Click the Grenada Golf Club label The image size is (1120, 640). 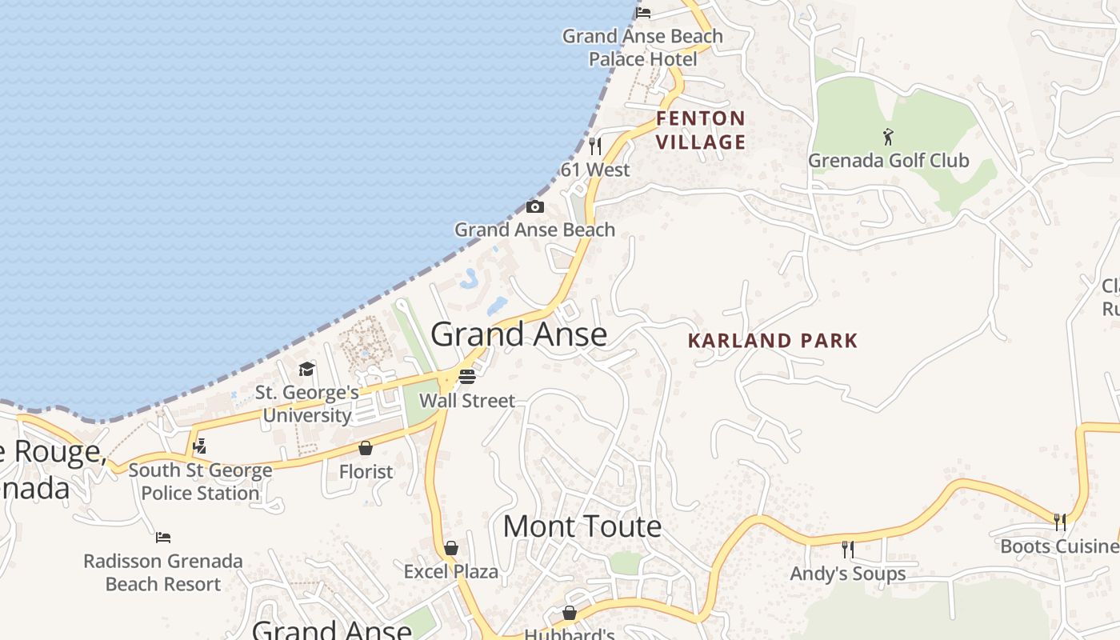pyautogui.click(x=888, y=161)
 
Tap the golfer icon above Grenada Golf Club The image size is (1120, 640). pyautogui.click(x=888, y=137)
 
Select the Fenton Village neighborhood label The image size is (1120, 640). pyautogui.click(x=701, y=130)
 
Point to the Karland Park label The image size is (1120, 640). pyautogui.click(x=773, y=341)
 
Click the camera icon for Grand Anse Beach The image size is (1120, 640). pyautogui.click(x=535, y=207)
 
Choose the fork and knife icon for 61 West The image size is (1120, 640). pyautogui.click(x=594, y=146)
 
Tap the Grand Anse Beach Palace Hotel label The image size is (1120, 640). pyautogui.click(x=642, y=47)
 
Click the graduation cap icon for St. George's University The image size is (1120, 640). pyautogui.click(x=306, y=369)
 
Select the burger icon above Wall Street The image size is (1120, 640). pyautogui.click(x=467, y=376)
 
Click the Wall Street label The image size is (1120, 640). pyautogui.click(x=467, y=401)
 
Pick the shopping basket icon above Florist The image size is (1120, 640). pyautogui.click(x=366, y=448)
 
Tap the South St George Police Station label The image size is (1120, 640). pyautogui.click(x=200, y=482)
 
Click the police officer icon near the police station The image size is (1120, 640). pyautogui.click(x=200, y=446)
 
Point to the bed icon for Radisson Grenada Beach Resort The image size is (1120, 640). pyautogui.click(x=163, y=537)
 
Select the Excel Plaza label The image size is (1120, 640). pyautogui.click(x=451, y=572)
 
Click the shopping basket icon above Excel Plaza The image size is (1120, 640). pyautogui.click(x=451, y=548)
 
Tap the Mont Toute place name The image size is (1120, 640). pyautogui.click(x=582, y=526)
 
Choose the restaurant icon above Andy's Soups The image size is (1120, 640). pyautogui.click(x=848, y=550)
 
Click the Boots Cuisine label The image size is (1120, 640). pyautogui.click(x=1059, y=546)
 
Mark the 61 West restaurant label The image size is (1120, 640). pyautogui.click(x=595, y=170)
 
